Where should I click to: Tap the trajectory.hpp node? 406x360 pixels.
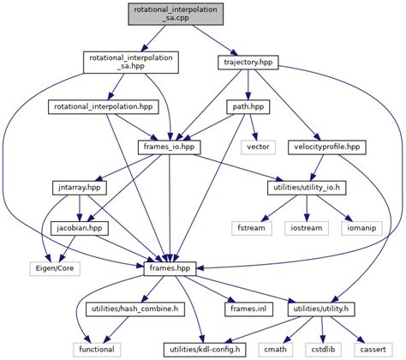click(x=248, y=63)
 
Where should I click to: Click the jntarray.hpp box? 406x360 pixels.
click(x=75, y=187)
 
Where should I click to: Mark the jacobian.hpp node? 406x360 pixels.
click(x=80, y=228)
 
